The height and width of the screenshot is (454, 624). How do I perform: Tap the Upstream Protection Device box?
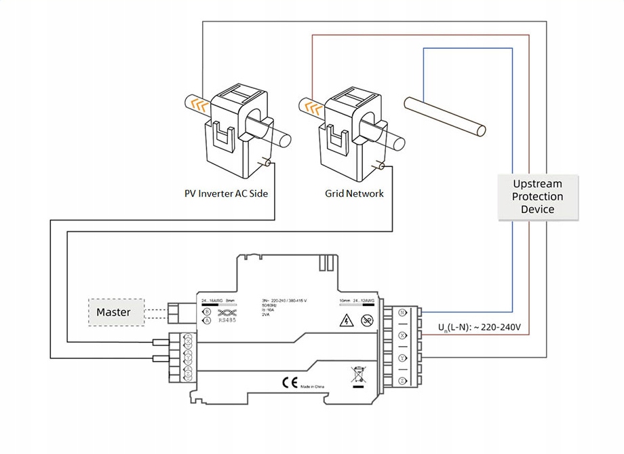538,196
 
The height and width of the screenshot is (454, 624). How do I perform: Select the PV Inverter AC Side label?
227,194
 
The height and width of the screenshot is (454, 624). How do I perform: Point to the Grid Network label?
354,194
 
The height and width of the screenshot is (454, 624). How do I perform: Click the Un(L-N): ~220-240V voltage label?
479,328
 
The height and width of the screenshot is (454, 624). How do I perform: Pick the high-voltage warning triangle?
347,321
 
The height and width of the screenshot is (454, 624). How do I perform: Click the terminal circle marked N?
402,313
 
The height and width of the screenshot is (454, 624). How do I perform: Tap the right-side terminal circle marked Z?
402,381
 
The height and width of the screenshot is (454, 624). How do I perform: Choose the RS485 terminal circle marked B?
207,312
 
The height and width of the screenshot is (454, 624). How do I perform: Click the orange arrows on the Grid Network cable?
313,107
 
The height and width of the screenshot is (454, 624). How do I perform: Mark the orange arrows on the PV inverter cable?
198,104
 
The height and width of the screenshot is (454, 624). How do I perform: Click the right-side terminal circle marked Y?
402,358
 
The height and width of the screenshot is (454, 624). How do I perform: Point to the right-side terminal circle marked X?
402,335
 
